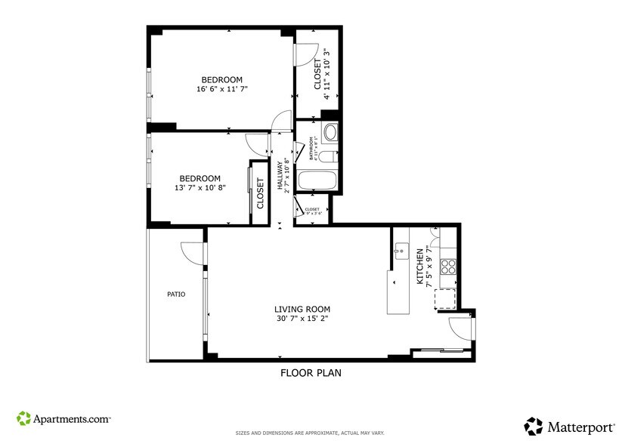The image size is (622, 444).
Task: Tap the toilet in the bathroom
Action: [x=327, y=156]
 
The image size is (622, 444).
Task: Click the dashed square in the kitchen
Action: [x=444, y=299]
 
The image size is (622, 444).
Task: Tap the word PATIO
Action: [x=176, y=294]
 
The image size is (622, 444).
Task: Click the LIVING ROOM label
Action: [x=302, y=309]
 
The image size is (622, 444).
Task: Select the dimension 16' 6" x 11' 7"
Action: [x=221, y=89]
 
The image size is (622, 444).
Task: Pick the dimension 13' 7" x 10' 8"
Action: [x=200, y=188]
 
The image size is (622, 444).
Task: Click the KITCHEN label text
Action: [x=420, y=270]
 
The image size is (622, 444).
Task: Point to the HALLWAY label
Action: [x=279, y=174]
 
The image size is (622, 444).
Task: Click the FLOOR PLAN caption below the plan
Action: [x=311, y=372]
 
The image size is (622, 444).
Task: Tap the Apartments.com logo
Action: [x=64, y=418]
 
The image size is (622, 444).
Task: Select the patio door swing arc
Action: [x=193, y=254]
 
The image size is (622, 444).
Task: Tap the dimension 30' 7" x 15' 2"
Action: [x=302, y=319]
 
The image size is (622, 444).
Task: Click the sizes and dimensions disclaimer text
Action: [x=310, y=433]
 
